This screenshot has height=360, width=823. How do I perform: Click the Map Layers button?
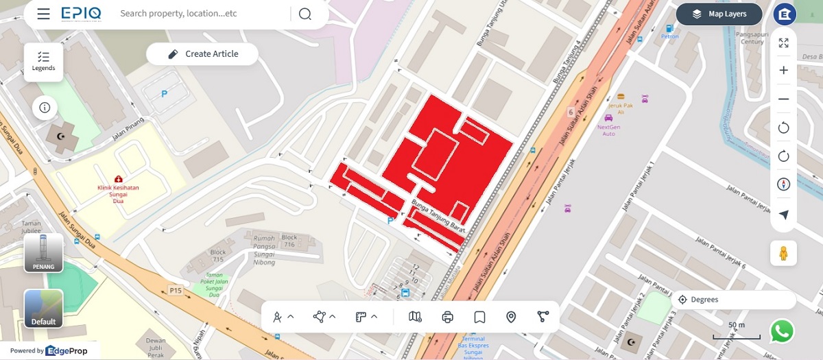[x=719, y=14]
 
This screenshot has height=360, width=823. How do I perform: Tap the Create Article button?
[x=202, y=54]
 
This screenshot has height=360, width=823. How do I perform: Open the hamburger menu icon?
[x=44, y=14]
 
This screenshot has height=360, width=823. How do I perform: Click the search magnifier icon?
[x=305, y=14]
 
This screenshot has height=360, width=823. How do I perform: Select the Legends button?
[x=44, y=61]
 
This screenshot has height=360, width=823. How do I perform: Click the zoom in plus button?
[x=783, y=71]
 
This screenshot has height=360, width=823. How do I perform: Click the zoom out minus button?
[x=783, y=99]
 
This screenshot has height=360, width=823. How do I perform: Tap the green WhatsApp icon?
[x=782, y=331]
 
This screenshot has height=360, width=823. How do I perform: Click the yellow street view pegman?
[x=783, y=253]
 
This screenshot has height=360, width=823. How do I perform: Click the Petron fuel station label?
[x=670, y=36]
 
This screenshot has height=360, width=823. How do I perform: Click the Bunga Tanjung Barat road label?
[x=438, y=217]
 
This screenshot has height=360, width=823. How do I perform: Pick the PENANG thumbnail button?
[x=44, y=253]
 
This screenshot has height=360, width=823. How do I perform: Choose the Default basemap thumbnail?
[x=44, y=309]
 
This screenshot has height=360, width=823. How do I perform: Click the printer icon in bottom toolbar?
[x=448, y=317]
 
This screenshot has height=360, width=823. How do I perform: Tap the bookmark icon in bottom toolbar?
[x=479, y=317]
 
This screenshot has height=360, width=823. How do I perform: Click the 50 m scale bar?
[x=737, y=332]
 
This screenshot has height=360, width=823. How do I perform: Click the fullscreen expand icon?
[x=783, y=43]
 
